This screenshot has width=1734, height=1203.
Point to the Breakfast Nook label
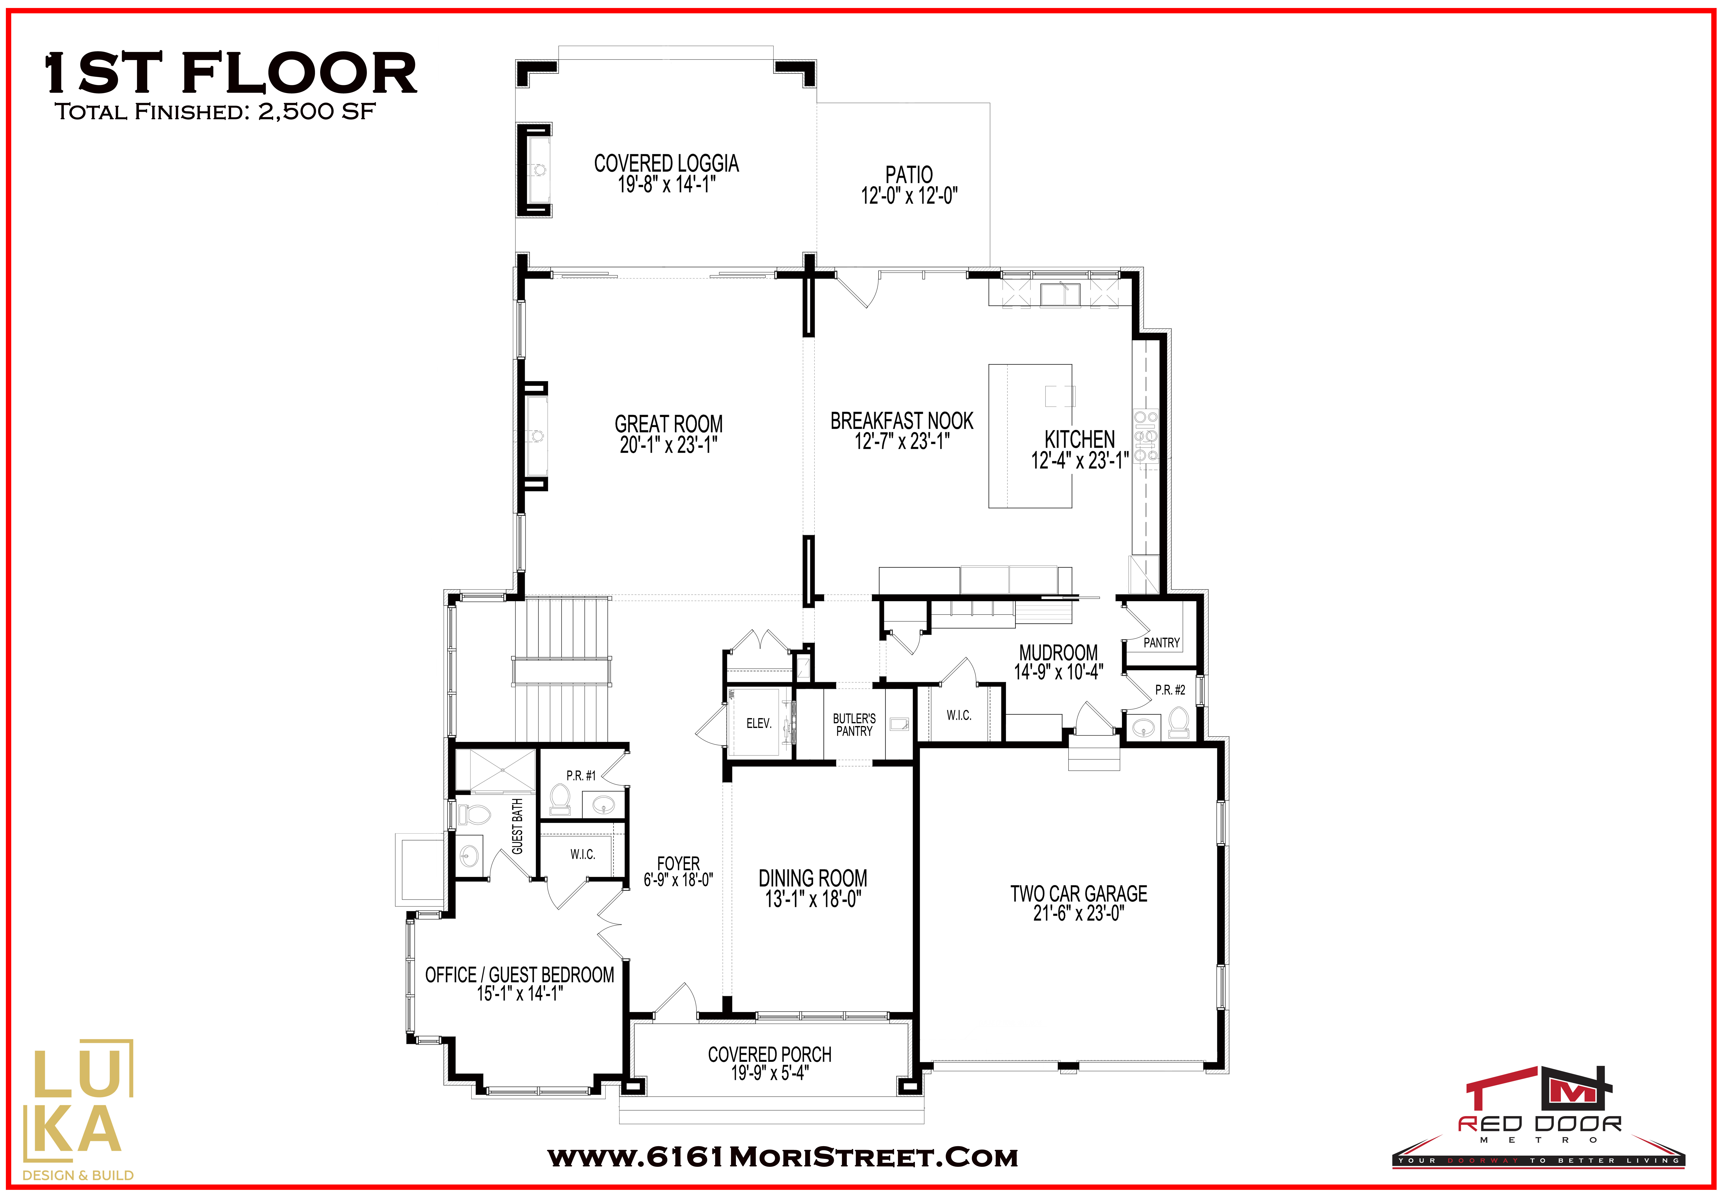[x=902, y=421]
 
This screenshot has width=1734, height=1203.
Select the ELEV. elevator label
[x=758, y=724]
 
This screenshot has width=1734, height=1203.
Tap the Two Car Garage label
[x=1079, y=894]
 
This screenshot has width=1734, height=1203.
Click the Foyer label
[x=678, y=863]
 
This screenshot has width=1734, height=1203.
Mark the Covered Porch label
[x=770, y=1055]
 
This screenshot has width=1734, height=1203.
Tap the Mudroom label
[x=1058, y=653]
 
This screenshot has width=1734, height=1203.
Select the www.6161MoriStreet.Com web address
[x=783, y=1158]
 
